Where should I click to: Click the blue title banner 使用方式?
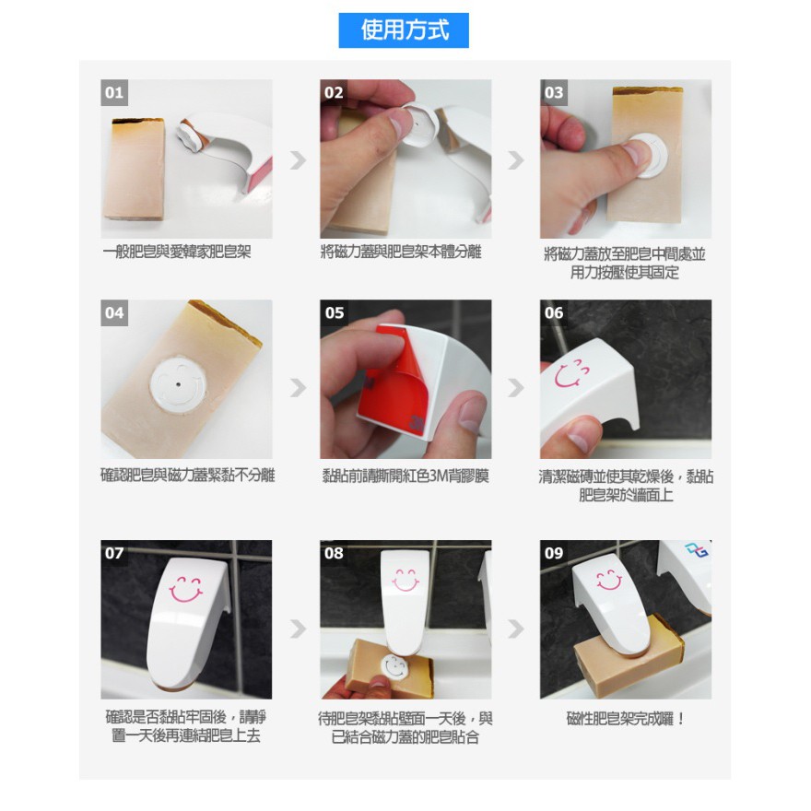(404, 30)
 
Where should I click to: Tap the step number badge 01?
(114, 92)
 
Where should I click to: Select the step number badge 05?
(335, 312)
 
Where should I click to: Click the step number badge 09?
(554, 553)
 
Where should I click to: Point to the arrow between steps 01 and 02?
(298, 160)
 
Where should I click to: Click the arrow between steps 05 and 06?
(516, 387)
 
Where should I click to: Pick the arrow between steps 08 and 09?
(516, 629)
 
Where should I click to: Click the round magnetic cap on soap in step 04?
(178, 383)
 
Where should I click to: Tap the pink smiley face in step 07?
(185, 590)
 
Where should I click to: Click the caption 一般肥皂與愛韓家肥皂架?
(177, 252)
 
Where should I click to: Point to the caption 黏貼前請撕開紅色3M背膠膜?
(405, 476)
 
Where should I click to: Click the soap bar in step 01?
(134, 170)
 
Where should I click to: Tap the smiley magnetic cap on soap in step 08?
(394, 667)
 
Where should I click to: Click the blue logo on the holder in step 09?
(696, 550)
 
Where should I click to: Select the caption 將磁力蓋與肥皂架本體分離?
(402, 252)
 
